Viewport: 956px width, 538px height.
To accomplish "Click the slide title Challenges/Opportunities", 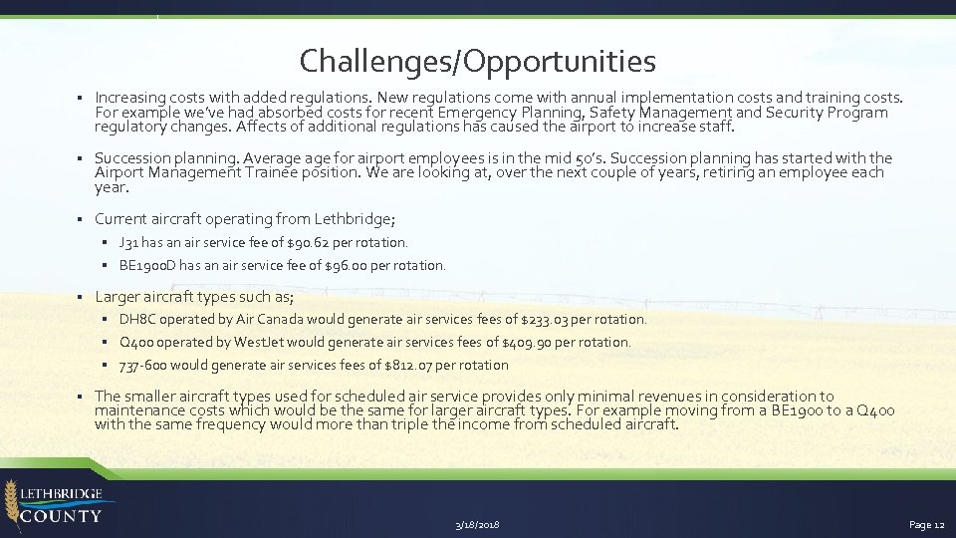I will click(x=477, y=62).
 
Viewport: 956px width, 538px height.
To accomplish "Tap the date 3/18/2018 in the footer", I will click(x=477, y=525).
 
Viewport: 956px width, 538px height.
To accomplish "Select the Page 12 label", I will click(x=926, y=525).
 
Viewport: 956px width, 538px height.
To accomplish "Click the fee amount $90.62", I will click(x=306, y=242).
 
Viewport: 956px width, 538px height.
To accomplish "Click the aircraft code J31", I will click(x=128, y=242).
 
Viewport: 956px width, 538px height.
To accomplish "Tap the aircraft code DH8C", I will click(x=137, y=320).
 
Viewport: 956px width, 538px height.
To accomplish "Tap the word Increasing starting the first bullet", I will click(x=129, y=98).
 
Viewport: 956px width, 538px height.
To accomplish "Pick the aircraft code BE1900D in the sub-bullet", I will click(x=147, y=266).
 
